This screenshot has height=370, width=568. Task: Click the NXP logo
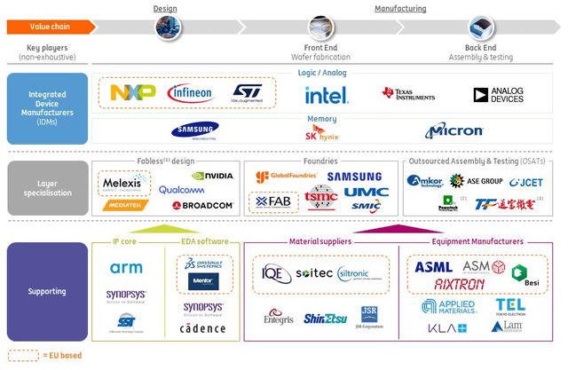click(132, 92)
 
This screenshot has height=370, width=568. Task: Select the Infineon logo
click(190, 92)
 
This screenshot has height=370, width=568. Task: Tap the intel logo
click(326, 95)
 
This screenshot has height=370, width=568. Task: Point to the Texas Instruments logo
click(411, 94)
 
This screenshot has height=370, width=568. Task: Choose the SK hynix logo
click(321, 133)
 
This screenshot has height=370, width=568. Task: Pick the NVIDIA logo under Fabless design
click(212, 176)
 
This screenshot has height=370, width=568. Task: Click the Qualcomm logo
click(181, 190)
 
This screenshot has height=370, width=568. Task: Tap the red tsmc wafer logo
click(320, 197)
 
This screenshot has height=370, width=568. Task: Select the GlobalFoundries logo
click(286, 177)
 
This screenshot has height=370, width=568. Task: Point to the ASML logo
click(433, 267)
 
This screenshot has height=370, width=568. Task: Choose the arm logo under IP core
click(126, 268)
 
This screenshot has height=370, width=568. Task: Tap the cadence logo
click(203, 328)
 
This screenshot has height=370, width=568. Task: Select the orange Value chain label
click(49, 27)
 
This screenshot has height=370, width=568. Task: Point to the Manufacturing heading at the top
click(399, 9)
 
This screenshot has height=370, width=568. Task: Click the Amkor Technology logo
click(424, 181)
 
